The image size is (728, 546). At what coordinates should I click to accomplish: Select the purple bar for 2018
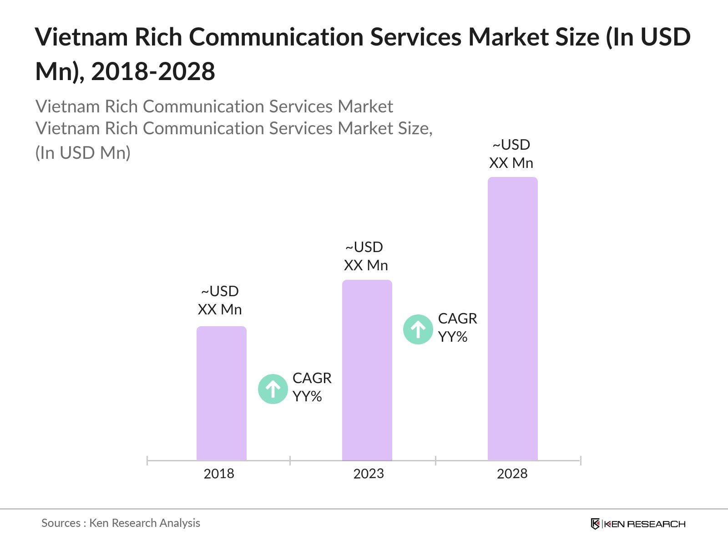pyautogui.click(x=221, y=394)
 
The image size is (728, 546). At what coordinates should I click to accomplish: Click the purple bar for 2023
pyautogui.click(x=367, y=370)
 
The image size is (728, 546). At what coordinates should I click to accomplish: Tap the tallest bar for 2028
pyautogui.click(x=512, y=318)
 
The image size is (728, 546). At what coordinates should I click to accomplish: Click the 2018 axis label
pyautogui.click(x=219, y=474)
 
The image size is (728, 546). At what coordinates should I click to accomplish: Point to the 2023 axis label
pyautogui.click(x=369, y=474)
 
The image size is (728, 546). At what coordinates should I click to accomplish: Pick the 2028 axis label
pyautogui.click(x=512, y=474)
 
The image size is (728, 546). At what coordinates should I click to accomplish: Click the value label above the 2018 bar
pyautogui.click(x=220, y=300)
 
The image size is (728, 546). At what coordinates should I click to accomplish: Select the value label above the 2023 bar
pyautogui.click(x=365, y=256)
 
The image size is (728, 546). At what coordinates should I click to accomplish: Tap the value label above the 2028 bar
pyautogui.click(x=511, y=154)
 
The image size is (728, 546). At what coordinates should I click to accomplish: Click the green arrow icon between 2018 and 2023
pyautogui.click(x=273, y=389)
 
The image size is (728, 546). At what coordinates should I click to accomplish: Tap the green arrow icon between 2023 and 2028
pyautogui.click(x=418, y=329)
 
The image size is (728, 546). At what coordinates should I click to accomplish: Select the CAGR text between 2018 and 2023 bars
pyautogui.click(x=312, y=387)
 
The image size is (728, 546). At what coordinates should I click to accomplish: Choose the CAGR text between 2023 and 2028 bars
pyautogui.click(x=457, y=328)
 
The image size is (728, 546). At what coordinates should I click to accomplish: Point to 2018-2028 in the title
pyautogui.click(x=153, y=72)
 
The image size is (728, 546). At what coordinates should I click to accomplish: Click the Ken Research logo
pyautogui.click(x=637, y=524)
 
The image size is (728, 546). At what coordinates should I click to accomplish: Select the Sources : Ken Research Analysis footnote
pyautogui.click(x=121, y=523)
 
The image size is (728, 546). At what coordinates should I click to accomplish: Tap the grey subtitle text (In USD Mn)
pyautogui.click(x=83, y=153)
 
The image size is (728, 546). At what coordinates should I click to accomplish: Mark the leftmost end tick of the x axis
pyautogui.click(x=147, y=460)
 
